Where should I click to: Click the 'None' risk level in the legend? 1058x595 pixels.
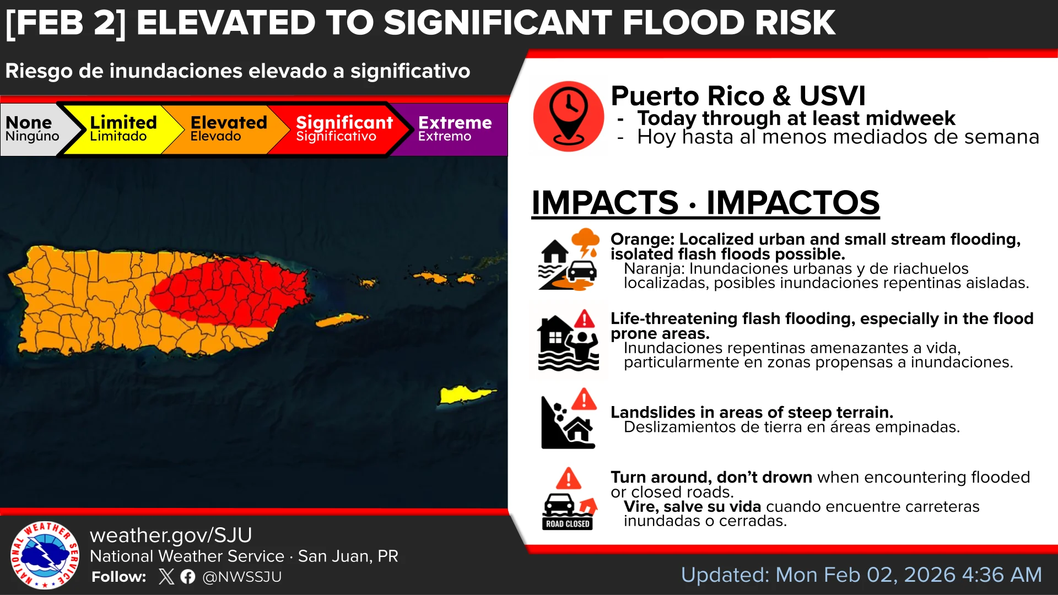[31, 129]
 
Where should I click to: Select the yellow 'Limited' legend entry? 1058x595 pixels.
[122, 129]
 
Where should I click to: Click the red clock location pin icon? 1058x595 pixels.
[568, 116]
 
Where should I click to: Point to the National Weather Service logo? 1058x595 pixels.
[45, 555]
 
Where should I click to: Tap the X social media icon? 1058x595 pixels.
[166, 577]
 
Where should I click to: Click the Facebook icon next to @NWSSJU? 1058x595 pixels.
[188, 577]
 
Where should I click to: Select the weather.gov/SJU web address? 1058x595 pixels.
[171, 535]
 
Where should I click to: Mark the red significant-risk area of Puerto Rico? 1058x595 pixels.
[231, 292]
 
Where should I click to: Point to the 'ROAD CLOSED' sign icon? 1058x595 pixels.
[568, 523]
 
